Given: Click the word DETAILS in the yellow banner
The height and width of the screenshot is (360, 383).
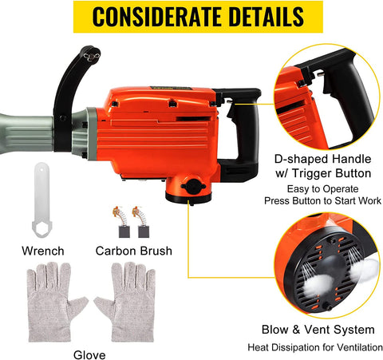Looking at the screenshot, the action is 266,17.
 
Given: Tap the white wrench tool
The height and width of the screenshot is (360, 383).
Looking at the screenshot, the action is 41,200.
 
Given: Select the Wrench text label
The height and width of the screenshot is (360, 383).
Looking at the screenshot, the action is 43,251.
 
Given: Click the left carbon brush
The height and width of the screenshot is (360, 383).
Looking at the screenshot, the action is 122,222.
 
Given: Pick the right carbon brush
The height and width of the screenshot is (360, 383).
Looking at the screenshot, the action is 142,222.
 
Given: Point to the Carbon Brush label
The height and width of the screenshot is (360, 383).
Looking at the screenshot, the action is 134,251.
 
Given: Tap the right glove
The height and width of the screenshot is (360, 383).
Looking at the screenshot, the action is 127,302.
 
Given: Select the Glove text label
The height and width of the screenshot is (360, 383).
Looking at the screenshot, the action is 89,355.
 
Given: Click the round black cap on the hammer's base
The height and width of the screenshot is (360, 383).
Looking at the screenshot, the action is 193,187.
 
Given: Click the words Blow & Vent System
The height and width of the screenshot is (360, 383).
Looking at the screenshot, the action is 318,330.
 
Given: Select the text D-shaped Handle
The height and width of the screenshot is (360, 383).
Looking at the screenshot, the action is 322,159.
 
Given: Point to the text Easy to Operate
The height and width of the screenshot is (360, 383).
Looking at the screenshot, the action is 322,189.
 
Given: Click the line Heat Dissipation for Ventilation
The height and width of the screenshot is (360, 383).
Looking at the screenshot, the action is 315,347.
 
